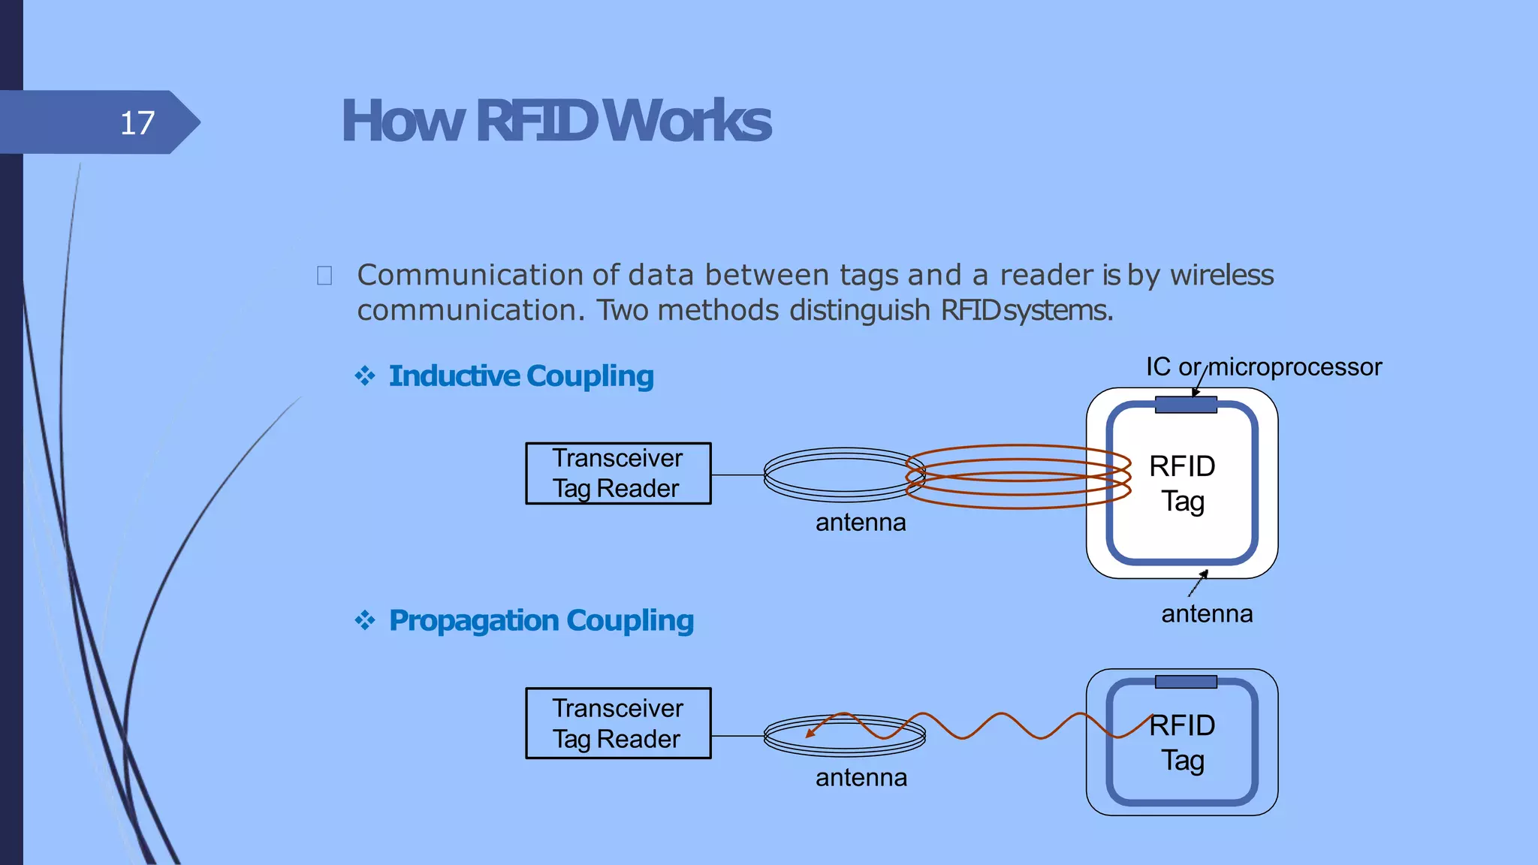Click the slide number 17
point(137,122)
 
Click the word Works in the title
point(687,121)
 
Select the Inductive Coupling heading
point(521,375)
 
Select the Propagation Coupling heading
point(541,620)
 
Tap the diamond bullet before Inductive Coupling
point(365,375)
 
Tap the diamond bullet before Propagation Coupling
point(365,620)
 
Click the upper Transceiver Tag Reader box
point(617,473)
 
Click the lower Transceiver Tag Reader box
point(617,723)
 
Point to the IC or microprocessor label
point(1263,366)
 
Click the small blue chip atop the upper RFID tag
point(1185,405)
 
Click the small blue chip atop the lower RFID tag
point(1185,682)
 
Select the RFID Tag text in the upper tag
point(1182,484)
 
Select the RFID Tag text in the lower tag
point(1182,743)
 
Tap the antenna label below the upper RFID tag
point(1207,614)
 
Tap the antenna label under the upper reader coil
point(861,522)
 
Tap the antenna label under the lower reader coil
point(861,777)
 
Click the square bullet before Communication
point(324,276)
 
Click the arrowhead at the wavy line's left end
point(810,732)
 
